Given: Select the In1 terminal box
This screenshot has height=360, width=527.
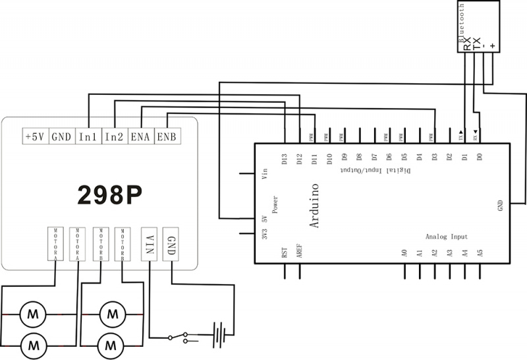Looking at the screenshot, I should [88, 136].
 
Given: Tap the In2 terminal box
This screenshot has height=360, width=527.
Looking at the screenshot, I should [115, 136].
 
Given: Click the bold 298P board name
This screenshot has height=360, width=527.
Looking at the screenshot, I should [110, 193].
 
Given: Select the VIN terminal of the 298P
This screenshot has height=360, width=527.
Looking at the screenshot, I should [150, 243].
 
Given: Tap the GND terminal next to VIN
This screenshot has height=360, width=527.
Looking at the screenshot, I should [171, 241].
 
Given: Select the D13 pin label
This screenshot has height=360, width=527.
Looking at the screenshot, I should [285, 159].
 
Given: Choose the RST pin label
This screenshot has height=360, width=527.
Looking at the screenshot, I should [285, 252].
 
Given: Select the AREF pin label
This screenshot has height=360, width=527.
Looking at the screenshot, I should [300, 253].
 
